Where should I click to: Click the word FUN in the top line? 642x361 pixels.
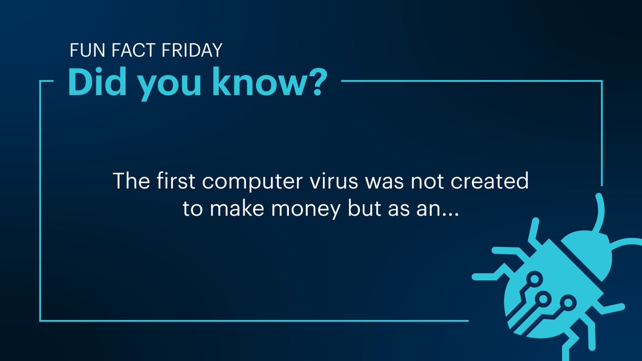point(83,51)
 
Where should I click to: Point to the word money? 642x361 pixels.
point(303,210)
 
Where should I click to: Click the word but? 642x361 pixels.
point(367,209)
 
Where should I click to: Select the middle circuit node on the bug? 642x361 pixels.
point(544,298)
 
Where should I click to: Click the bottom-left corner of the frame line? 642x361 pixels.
point(41,321)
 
